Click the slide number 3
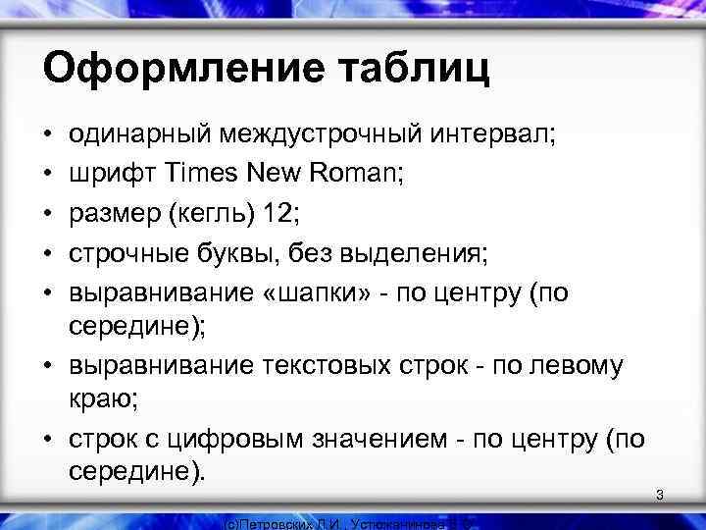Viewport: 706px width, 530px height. point(660,496)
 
